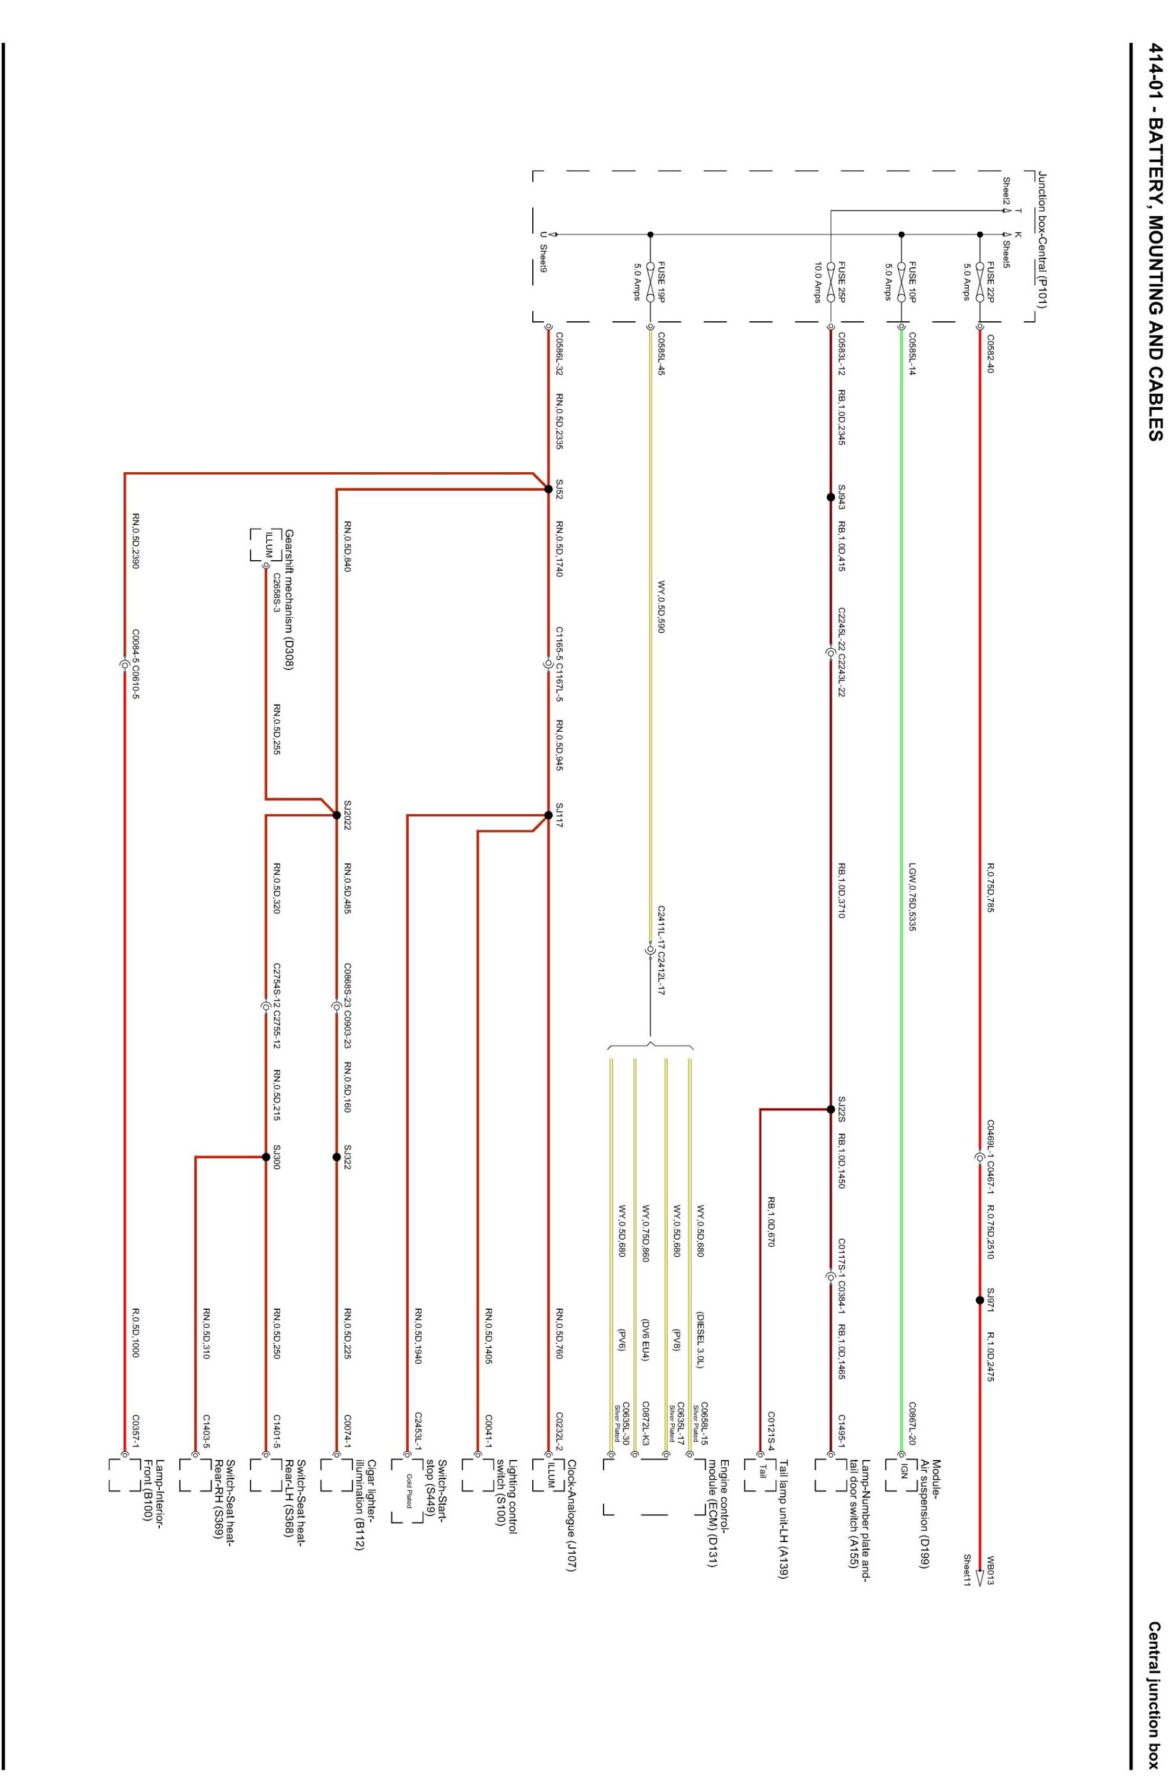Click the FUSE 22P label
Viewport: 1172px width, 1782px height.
(990, 281)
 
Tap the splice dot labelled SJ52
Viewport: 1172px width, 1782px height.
(548, 489)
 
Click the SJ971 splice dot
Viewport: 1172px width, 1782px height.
(980, 1300)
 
